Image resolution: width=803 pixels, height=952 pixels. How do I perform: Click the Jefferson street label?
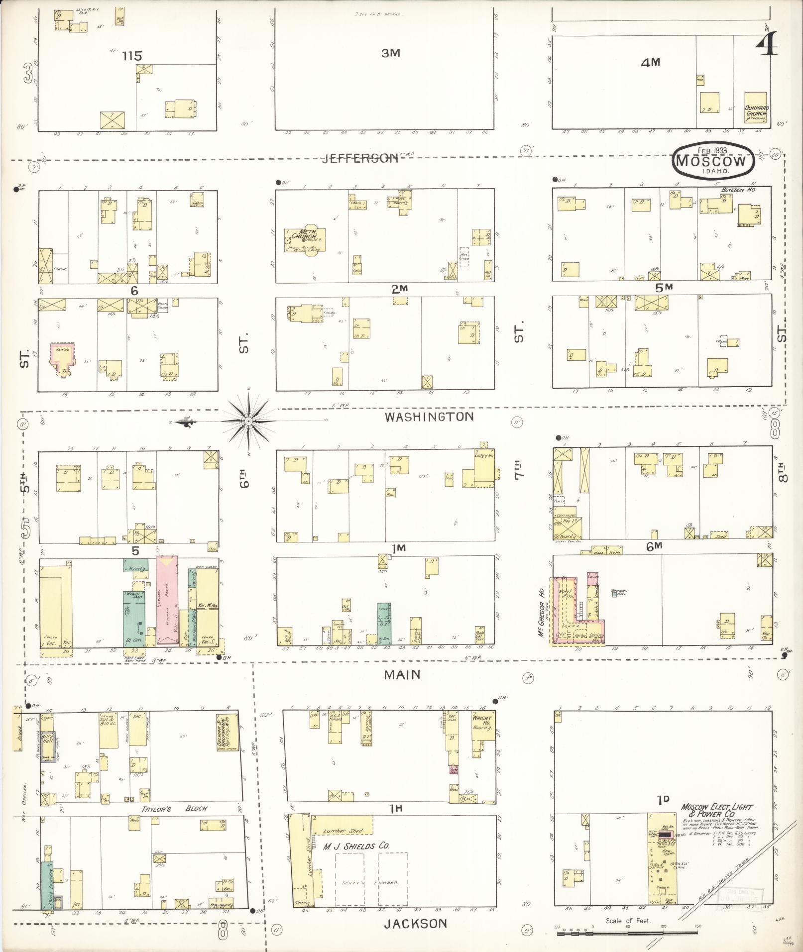point(360,158)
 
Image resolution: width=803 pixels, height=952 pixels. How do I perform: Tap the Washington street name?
point(429,417)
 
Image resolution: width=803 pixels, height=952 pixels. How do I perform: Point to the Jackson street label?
point(415,924)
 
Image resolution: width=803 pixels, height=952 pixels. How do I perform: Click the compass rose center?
point(248,422)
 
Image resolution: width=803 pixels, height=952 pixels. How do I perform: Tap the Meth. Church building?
point(305,237)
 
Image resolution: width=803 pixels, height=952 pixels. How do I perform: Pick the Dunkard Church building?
point(755,106)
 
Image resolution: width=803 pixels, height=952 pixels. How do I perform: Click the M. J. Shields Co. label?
point(356,846)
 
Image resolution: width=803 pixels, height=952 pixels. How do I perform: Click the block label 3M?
point(391,53)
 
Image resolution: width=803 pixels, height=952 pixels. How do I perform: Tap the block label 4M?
point(650,62)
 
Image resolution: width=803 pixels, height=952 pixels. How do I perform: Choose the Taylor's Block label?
point(174,809)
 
